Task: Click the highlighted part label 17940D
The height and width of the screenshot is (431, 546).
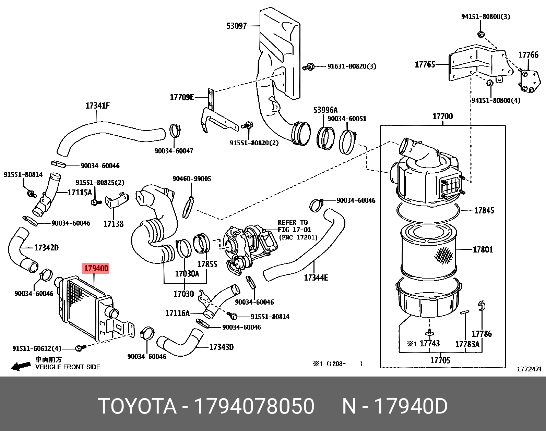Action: pyautogui.click(x=96, y=268)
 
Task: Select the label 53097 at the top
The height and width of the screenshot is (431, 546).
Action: pyautogui.click(x=236, y=26)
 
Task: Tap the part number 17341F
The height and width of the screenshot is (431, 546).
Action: pyautogui.click(x=98, y=106)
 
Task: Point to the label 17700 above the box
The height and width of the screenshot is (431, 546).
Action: pyautogui.click(x=442, y=116)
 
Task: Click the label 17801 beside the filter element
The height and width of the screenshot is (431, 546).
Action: pyautogui.click(x=483, y=250)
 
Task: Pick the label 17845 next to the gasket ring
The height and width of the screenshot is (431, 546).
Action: pyautogui.click(x=484, y=210)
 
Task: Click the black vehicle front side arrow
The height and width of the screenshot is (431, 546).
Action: pyautogui.click(x=21, y=367)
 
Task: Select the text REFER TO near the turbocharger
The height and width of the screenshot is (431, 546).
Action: pyautogui.click(x=293, y=222)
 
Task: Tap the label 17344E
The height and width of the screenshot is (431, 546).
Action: pyautogui.click(x=316, y=278)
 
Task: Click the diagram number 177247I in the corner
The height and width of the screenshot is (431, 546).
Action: pyautogui.click(x=529, y=369)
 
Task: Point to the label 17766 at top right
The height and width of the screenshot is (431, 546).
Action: pyautogui.click(x=528, y=55)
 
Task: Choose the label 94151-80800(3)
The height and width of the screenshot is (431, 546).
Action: pyautogui.click(x=485, y=16)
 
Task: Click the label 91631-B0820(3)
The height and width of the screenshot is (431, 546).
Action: pyautogui.click(x=352, y=66)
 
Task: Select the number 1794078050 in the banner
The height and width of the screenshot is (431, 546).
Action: pyautogui.click(x=254, y=406)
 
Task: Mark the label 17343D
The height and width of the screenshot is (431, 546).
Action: pyautogui.click(x=221, y=347)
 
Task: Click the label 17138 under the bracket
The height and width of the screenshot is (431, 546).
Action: pyautogui.click(x=113, y=224)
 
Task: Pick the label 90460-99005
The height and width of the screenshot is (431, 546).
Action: pyautogui.click(x=192, y=178)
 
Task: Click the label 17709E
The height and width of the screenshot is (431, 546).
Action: pyautogui.click(x=182, y=97)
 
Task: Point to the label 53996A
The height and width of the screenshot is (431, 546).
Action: pyautogui.click(x=325, y=110)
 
